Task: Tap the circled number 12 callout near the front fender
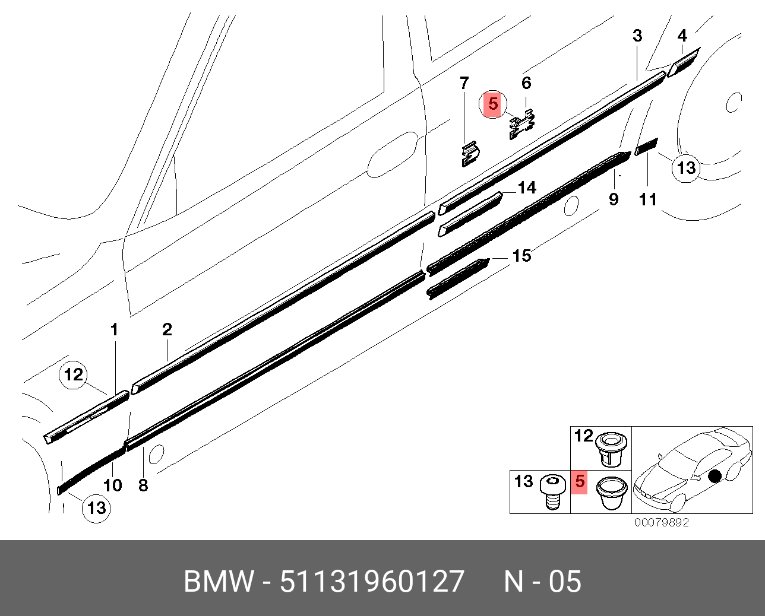(74, 375)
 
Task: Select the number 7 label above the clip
(464, 84)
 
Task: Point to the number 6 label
(526, 83)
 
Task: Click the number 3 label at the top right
(637, 36)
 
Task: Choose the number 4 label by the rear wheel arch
(682, 36)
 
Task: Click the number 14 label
(527, 188)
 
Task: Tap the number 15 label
(521, 256)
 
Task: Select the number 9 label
(614, 199)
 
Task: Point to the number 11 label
(647, 199)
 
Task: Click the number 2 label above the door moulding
(167, 329)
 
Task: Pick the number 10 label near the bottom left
(112, 485)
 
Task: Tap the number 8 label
(143, 485)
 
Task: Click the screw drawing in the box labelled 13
(552, 491)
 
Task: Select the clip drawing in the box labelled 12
(611, 449)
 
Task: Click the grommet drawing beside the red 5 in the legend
(612, 492)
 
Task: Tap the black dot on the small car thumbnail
(715, 475)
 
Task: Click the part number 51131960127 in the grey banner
(372, 582)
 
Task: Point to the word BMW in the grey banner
(219, 582)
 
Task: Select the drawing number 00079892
(662, 523)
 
